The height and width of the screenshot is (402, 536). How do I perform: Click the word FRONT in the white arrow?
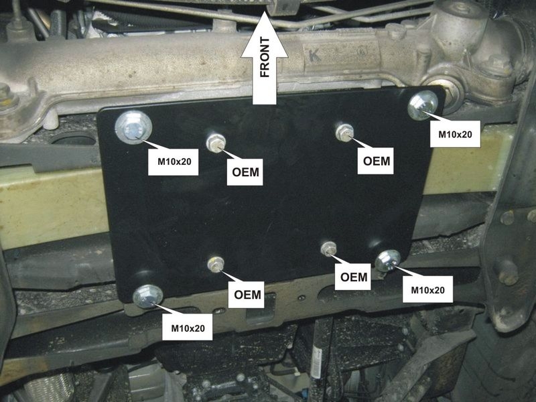point(265,58)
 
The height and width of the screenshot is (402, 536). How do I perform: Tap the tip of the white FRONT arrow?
point(264,11)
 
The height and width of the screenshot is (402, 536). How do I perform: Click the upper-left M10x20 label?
point(174,161)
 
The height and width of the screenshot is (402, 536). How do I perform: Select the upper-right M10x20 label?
point(455,134)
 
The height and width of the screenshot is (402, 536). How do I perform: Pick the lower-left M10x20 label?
point(188,328)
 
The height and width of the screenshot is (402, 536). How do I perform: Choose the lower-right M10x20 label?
point(427,290)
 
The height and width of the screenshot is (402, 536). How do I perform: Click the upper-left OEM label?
point(245,172)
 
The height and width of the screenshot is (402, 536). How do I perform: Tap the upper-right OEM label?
point(376,161)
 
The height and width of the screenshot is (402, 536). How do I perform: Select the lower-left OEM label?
point(247,294)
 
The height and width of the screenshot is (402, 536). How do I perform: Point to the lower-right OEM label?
point(354,277)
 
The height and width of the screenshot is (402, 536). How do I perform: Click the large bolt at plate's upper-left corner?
point(133,127)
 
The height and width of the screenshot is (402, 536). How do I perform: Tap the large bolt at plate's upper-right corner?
point(423,105)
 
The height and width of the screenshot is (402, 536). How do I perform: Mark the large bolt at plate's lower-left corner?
point(147,296)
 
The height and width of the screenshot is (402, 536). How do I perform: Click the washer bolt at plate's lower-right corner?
point(388,261)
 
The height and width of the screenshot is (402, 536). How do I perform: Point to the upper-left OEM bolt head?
point(216,143)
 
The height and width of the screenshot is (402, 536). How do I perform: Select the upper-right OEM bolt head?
point(344,133)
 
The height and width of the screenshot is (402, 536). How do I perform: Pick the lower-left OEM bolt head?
point(216,265)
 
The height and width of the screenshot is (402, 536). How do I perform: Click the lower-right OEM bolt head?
point(329,249)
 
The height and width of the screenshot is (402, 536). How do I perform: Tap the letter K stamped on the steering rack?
point(314,56)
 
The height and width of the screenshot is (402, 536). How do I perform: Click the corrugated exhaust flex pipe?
point(52,387)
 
